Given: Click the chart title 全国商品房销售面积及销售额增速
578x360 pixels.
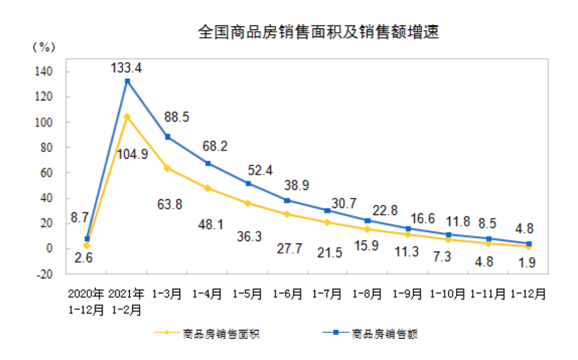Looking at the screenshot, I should (318, 33).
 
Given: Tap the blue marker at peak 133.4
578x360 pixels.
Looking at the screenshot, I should (127, 81).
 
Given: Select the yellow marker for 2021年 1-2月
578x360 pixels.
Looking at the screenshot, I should (127, 116).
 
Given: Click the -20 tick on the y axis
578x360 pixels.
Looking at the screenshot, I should (45, 274).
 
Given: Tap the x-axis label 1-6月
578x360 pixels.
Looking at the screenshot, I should (287, 294).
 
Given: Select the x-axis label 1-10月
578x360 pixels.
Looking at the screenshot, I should (448, 294).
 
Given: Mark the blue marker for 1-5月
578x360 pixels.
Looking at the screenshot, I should (248, 183).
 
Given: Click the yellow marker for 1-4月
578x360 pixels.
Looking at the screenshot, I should (208, 188).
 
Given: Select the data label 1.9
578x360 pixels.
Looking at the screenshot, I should (526, 263).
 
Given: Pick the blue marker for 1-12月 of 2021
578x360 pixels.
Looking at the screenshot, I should (529, 244).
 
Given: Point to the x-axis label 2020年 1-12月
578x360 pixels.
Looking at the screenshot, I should (86, 301).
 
